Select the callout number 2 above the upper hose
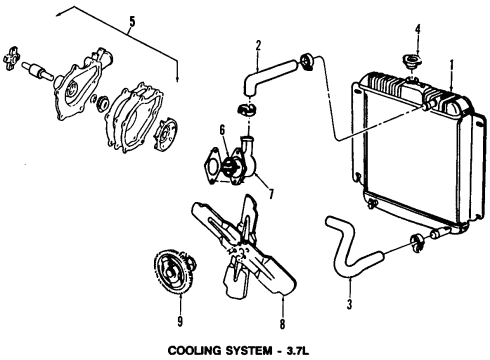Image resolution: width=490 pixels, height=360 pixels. tap(258, 44)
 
